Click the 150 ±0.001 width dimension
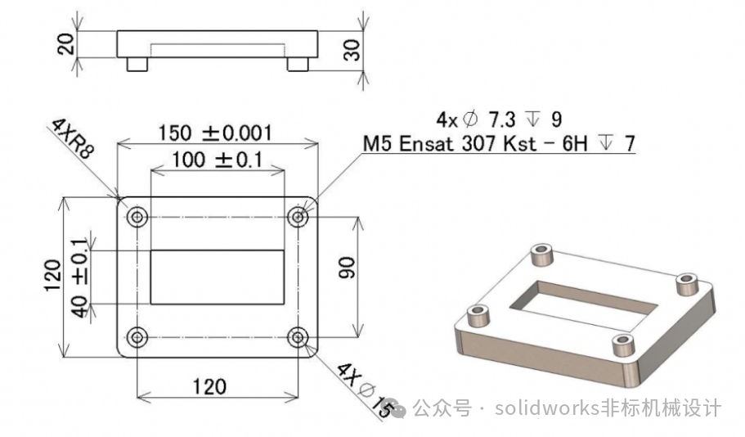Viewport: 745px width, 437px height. pyautogui.click(x=215, y=133)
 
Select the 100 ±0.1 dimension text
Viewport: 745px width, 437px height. pyautogui.click(x=218, y=160)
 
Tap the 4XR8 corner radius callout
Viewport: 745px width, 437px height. pyautogui.click(x=73, y=138)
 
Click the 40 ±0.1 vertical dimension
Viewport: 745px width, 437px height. pyautogui.click(x=80, y=277)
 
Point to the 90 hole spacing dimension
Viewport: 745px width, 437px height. pyautogui.click(x=347, y=268)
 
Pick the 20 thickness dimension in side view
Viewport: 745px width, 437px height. pyautogui.click(x=66, y=43)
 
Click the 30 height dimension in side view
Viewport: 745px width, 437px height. pyautogui.click(x=352, y=50)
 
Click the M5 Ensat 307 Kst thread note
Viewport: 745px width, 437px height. pyautogui.click(x=499, y=143)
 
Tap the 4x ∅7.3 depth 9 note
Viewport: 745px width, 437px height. pyautogui.click(x=499, y=119)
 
